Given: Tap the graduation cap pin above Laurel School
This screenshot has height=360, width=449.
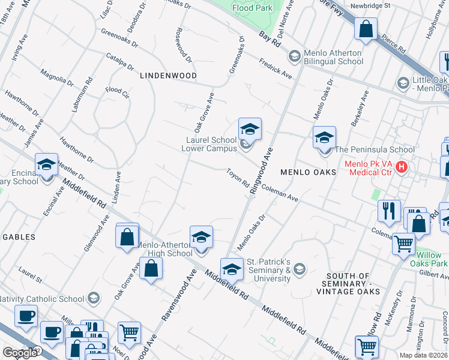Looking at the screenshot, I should tap(250, 129).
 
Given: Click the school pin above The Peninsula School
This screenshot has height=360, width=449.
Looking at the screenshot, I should tap(324, 137).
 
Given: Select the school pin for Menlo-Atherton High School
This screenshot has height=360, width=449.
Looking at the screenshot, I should tap(201, 237).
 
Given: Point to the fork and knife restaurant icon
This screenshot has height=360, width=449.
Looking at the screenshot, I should tap(389, 210).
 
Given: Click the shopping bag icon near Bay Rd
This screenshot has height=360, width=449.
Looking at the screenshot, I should tap(366, 28).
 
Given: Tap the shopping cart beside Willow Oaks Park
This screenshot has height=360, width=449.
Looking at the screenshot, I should tap(404, 244).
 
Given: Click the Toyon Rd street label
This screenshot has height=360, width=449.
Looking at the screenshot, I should tap(238, 179).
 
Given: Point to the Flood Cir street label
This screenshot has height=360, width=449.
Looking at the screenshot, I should tap(117, 92).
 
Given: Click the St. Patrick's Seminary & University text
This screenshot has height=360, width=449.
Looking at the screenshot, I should tap(268, 270).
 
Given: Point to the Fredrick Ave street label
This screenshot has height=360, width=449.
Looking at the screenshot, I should tap(276, 69).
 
